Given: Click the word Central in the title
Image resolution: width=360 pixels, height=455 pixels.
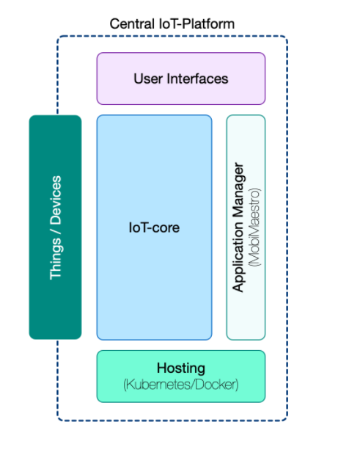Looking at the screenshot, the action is click(132, 23).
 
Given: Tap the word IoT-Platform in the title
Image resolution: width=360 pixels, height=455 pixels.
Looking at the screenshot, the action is click(196, 23).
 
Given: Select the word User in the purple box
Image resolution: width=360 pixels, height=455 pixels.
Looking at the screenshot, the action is click(147, 79).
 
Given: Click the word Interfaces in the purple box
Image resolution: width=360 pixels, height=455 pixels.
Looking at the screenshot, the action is click(197, 79).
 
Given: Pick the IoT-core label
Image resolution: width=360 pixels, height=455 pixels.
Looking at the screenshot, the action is click(154, 227).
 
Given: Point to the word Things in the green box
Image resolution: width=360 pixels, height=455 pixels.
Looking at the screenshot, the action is click(56, 259).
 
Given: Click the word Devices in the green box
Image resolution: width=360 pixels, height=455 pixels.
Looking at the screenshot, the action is click(56, 200).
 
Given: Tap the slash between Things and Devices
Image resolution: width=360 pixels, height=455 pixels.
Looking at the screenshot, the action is click(56, 232).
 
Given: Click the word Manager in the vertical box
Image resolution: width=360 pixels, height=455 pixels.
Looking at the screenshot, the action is click(239, 190).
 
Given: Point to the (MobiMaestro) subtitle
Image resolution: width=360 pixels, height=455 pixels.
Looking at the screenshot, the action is click(254, 227).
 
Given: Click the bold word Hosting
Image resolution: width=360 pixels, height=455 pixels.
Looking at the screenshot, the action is click(181, 368).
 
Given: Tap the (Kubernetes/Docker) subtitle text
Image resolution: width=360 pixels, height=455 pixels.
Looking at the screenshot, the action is click(181, 385).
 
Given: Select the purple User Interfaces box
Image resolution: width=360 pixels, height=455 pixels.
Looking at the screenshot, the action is click(181, 79).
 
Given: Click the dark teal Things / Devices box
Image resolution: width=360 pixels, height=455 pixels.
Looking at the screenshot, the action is click(56, 227).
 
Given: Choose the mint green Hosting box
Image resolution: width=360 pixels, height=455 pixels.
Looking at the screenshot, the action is click(181, 376).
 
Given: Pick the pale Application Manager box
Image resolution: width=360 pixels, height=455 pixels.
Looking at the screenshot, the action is click(246, 227).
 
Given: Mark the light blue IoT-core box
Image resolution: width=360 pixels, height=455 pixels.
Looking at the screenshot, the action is click(154, 227).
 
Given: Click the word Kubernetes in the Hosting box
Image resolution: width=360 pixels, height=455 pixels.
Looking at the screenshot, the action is click(158, 385).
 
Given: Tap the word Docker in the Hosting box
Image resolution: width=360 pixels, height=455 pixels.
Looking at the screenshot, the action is click(216, 385).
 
